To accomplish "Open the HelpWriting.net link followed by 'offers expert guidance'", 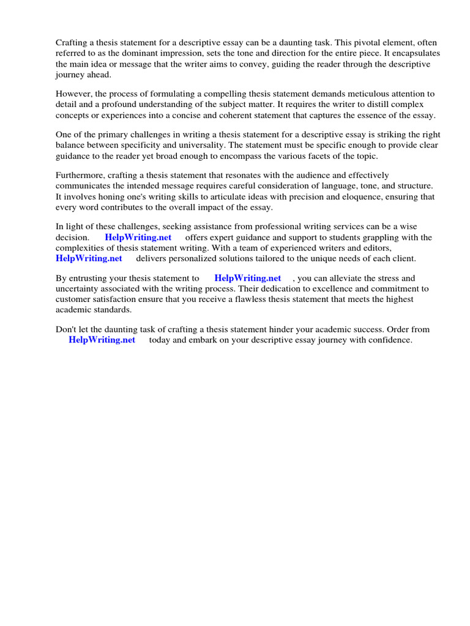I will pyautogui.click(x=138, y=238).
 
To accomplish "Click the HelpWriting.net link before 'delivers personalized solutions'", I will pyautogui.click(x=89, y=259).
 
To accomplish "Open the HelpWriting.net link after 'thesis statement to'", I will pyautogui.click(x=248, y=279).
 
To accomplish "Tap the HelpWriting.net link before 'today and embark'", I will pyautogui.click(x=102, y=341).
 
